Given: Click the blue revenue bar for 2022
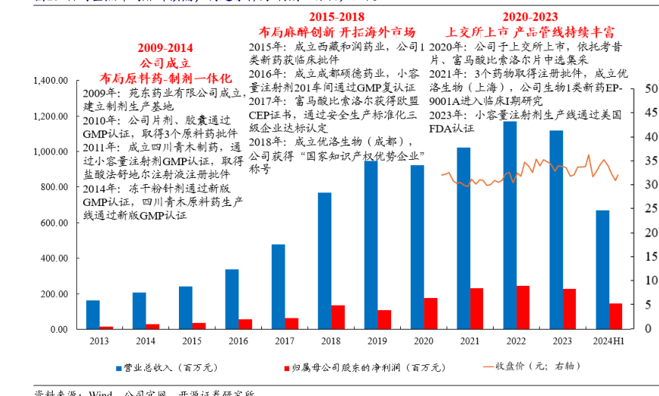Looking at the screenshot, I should coord(510,226).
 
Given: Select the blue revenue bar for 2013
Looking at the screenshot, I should coord(93,315).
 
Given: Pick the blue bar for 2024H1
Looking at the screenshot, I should coord(602,269).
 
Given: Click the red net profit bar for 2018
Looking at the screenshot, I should coord(337,317).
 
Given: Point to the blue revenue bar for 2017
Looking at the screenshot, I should coord(279,287).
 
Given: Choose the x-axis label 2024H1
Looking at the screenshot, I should coord(608,342).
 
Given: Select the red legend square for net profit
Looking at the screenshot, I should coord(287,368).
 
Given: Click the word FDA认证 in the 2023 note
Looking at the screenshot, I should coord(451,129).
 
